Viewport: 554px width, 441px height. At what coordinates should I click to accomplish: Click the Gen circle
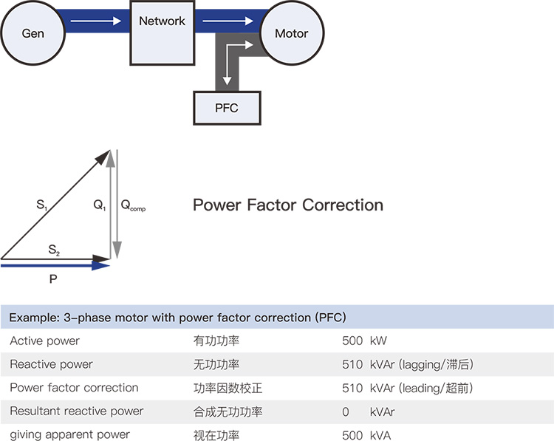(x=33, y=34)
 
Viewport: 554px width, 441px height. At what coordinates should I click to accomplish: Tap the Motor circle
(x=291, y=34)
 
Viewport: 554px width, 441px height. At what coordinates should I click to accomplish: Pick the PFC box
(x=227, y=108)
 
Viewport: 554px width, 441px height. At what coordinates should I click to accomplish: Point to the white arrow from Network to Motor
(x=228, y=21)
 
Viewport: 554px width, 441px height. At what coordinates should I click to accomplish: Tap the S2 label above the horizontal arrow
(x=54, y=251)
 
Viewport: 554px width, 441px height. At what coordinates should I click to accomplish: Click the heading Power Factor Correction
(x=288, y=205)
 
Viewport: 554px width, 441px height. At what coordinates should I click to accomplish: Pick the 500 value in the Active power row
(x=352, y=341)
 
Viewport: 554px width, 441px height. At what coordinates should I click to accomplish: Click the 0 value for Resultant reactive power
(x=346, y=411)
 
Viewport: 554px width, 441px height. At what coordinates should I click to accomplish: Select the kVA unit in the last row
(x=380, y=435)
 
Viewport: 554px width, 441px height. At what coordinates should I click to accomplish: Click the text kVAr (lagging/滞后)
(x=421, y=365)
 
